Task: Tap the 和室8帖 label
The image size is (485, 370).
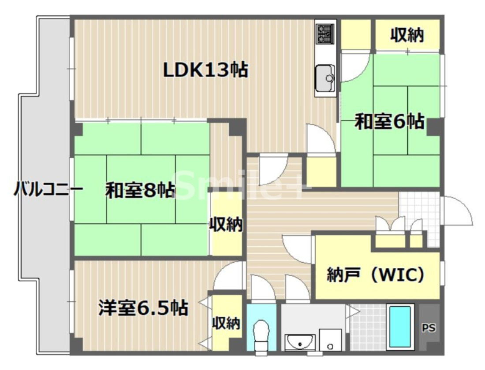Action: coord(140,191)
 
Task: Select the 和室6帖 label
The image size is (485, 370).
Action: coord(390,121)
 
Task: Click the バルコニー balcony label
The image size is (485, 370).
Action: coord(48,190)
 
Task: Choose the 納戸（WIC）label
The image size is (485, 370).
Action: coord(376,275)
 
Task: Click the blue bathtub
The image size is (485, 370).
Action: coord(400,326)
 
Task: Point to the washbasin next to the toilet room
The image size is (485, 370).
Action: coord(300,341)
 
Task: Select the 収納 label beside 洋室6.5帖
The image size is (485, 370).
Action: coord(226,324)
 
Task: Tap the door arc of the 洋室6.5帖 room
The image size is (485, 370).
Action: coord(230,275)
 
